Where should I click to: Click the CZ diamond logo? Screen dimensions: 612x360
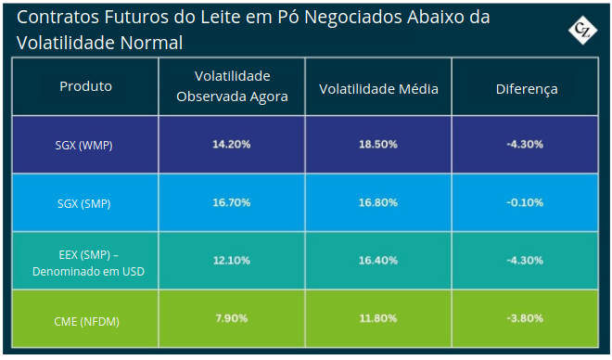[582, 30]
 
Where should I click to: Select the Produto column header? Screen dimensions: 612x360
[86, 86]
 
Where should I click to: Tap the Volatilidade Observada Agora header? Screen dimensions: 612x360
[232, 86]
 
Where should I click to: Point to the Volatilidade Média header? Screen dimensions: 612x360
[378, 89]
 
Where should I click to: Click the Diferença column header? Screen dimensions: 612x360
[527, 89]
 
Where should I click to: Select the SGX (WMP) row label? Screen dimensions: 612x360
[83, 146]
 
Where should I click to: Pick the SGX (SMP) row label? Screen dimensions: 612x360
[83, 203]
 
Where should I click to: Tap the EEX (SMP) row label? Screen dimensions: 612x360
[89, 264]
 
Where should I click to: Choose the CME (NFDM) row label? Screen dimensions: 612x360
[86, 322]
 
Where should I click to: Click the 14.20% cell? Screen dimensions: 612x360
[232, 145]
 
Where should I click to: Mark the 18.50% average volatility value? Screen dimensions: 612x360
[378, 145]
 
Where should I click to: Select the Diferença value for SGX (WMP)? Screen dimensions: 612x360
[525, 145]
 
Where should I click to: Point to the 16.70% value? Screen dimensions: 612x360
[232, 202]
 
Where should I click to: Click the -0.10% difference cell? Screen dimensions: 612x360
[525, 202]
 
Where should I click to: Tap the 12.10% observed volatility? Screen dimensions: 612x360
[232, 261]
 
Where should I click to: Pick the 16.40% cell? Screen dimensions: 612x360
[378, 261]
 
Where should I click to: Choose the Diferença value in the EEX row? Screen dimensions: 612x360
[525, 261]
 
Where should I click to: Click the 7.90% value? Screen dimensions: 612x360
[232, 318]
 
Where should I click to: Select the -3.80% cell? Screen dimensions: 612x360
[525, 318]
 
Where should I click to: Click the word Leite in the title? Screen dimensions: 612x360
[217, 18]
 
